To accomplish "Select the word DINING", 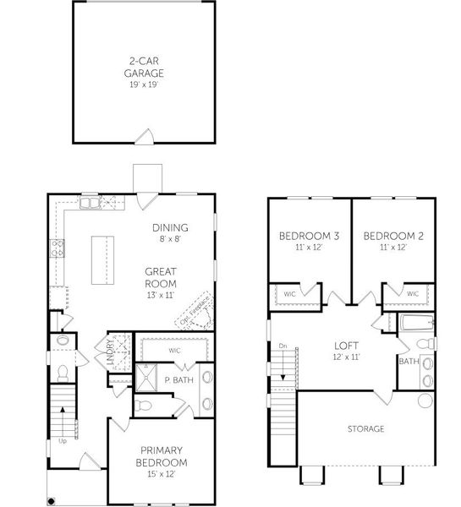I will [170, 227].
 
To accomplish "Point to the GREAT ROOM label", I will [160, 278].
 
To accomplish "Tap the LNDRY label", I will [109, 348].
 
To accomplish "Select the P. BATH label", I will [176, 379].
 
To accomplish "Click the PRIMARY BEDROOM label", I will [162, 456].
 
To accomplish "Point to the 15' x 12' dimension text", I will [162, 476].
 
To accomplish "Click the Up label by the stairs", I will [61, 441].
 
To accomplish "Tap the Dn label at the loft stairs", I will [283, 346].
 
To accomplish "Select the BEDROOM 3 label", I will [309, 236].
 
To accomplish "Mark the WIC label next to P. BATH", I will [175, 349].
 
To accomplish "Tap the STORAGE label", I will [365, 429].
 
